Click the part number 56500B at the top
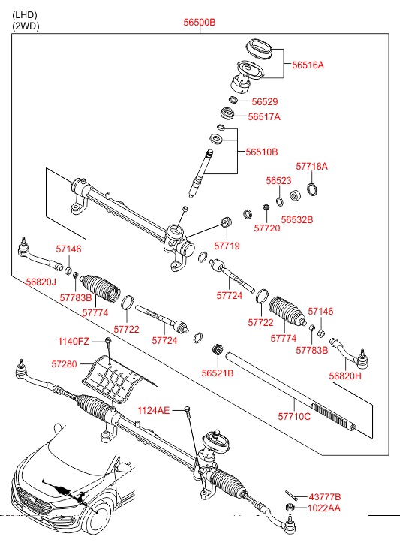pyautogui.click(x=200, y=23)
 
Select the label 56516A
pyautogui.click(x=308, y=65)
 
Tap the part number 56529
pyautogui.click(x=265, y=101)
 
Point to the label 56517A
pyautogui.click(x=264, y=116)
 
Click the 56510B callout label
pyautogui.click(x=262, y=152)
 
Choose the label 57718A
pyautogui.click(x=311, y=167)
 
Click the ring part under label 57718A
pyautogui.click(x=312, y=189)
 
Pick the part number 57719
pyautogui.click(x=227, y=246)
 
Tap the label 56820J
pyautogui.click(x=41, y=282)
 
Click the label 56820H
pyautogui.click(x=345, y=376)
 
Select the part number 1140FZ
pyautogui.click(x=74, y=342)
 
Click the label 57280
pyautogui.click(x=64, y=364)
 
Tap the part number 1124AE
pyautogui.click(x=153, y=411)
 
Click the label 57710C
pyautogui.click(x=294, y=417)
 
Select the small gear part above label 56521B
pyautogui.click(x=218, y=349)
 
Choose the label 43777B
pyautogui.click(x=325, y=497)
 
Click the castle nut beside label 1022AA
pyautogui.click(x=290, y=508)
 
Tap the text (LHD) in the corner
pyautogui.click(x=25, y=15)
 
